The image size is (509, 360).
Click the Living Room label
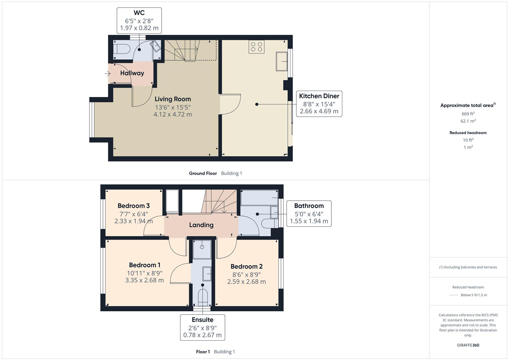click(x=173, y=99)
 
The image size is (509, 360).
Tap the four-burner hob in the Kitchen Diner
click(x=256, y=47)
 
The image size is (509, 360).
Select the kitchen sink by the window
click(x=282, y=61)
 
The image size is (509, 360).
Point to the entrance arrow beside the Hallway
click(x=107, y=74)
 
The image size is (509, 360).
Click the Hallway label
click(x=132, y=73)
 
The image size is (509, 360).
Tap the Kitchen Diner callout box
click(x=319, y=104)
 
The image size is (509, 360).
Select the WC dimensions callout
click(x=139, y=21)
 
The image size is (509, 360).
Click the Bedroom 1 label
click(x=145, y=265)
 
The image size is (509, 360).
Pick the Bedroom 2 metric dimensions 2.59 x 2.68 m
click(x=246, y=282)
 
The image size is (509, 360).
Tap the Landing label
click(x=201, y=225)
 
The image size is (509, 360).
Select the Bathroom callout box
click(x=309, y=213)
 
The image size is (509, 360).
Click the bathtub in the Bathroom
click(x=259, y=198)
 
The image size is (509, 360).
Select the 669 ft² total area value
click(x=468, y=114)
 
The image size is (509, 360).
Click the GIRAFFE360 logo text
click(x=468, y=345)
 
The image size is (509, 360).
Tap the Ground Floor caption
click(x=203, y=173)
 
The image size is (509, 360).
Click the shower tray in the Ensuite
click(x=202, y=249)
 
